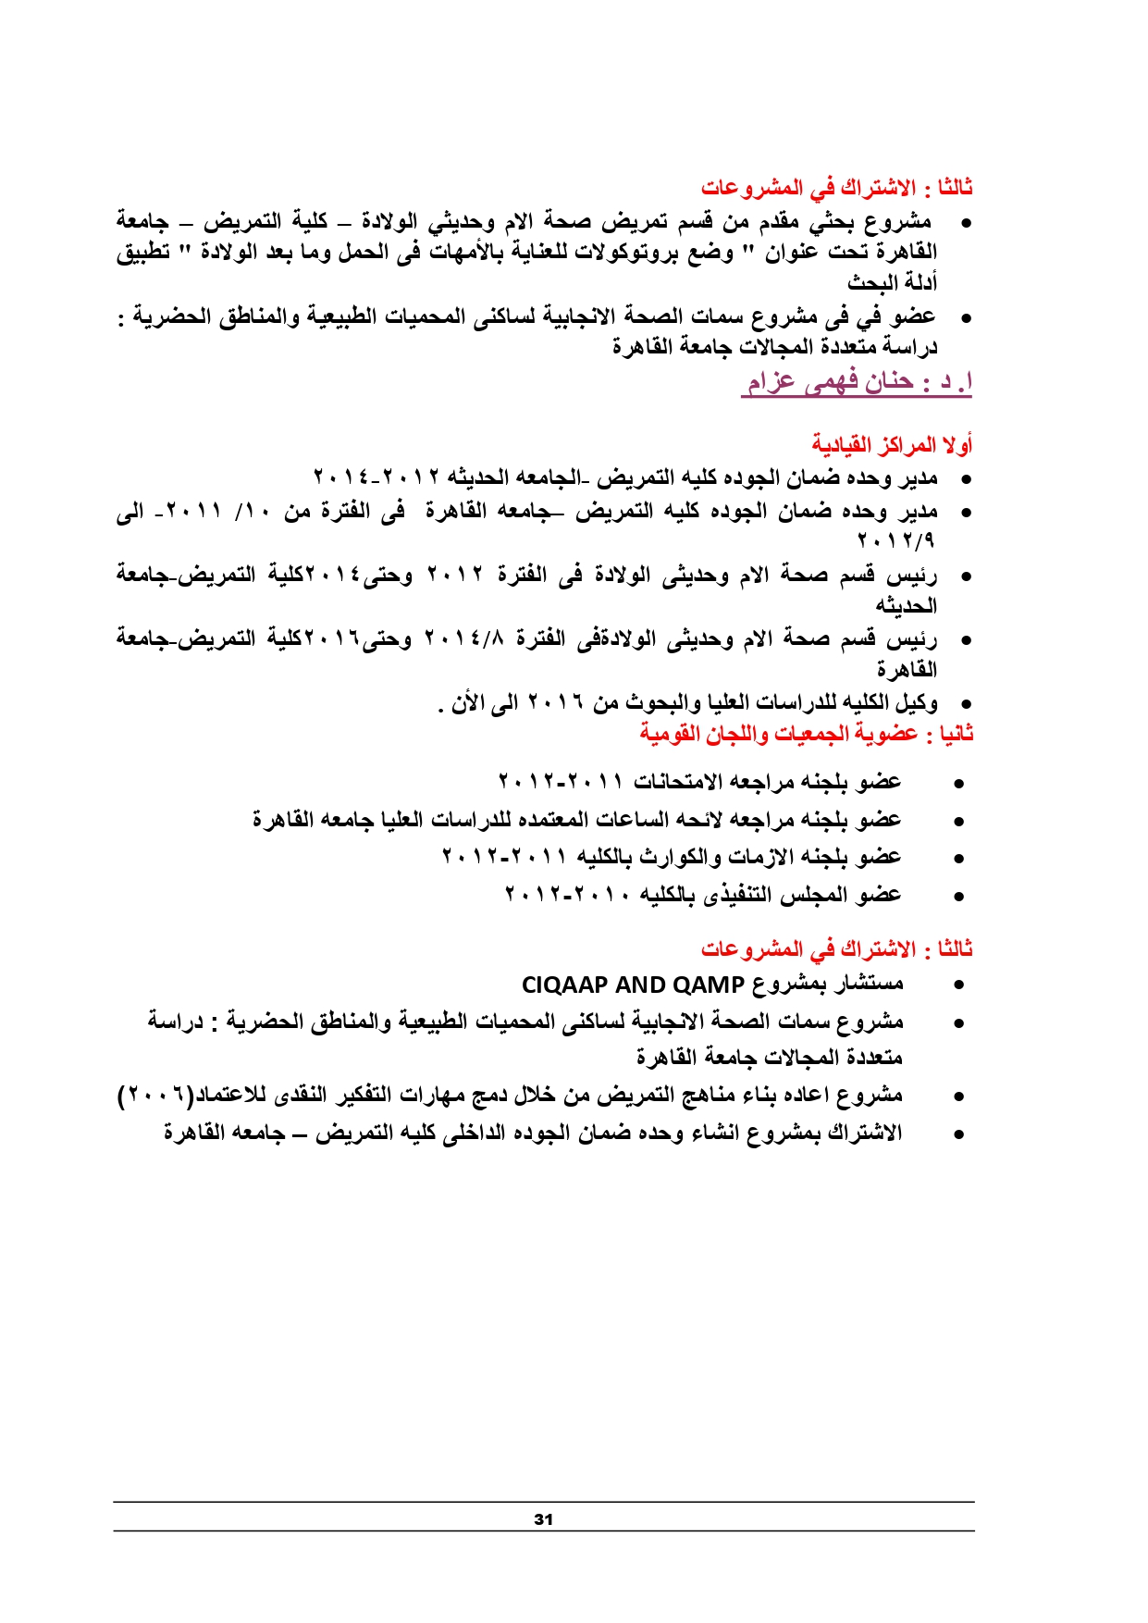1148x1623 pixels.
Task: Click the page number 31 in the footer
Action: [x=543, y=1519]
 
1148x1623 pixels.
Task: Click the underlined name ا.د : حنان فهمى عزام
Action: [x=856, y=382]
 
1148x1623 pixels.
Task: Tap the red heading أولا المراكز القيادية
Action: [x=892, y=445]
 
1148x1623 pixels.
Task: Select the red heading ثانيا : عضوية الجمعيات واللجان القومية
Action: [x=806, y=734]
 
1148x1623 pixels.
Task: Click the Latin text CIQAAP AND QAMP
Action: [x=633, y=985]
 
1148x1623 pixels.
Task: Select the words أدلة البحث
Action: [x=893, y=282]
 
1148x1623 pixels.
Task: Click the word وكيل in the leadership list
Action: [x=917, y=703]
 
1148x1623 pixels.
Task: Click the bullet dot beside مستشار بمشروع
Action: [x=959, y=986]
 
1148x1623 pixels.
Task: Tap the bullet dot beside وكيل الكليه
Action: [x=958, y=705]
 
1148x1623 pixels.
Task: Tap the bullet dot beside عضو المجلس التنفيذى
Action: [x=959, y=897]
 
